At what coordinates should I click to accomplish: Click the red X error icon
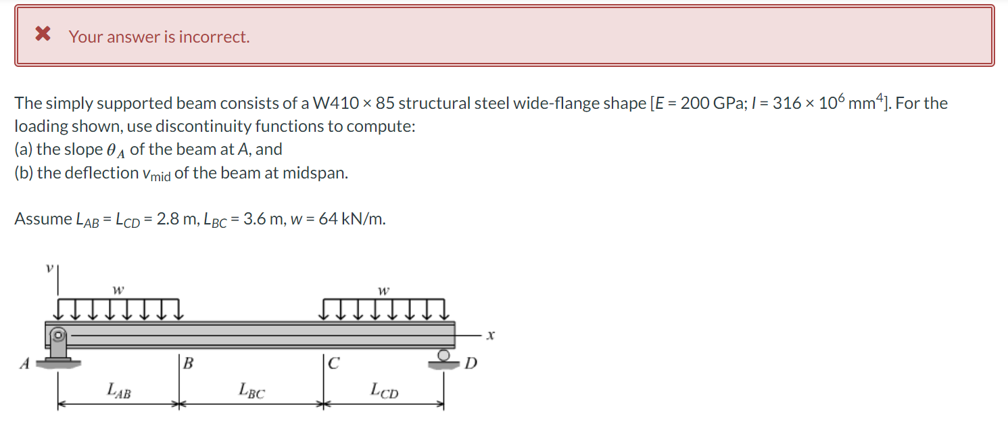[43, 33]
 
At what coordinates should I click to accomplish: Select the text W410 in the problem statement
[336, 103]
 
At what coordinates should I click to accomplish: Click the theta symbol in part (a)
[111, 149]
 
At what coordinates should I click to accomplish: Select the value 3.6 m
[263, 219]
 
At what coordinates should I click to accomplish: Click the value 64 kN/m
[352, 219]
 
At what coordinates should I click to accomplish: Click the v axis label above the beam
[49, 268]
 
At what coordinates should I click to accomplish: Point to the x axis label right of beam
[491, 335]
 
